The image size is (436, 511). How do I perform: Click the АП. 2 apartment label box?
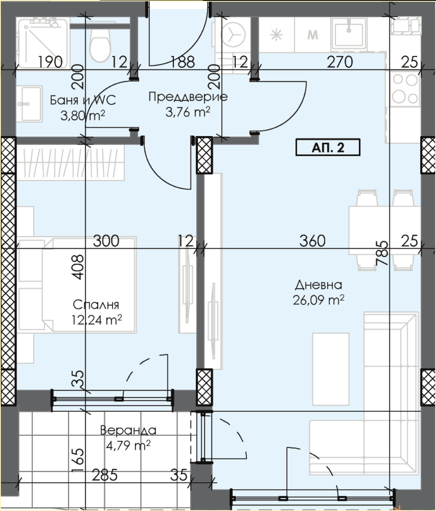click(x=328, y=148)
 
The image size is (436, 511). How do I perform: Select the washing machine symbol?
click(x=233, y=34)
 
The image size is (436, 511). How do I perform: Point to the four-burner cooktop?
click(x=405, y=89)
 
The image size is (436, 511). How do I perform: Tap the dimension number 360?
click(x=312, y=241)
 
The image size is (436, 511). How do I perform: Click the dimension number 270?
click(x=340, y=62)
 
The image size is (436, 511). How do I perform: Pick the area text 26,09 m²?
click(x=319, y=300)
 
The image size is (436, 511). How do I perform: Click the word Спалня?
click(x=96, y=305)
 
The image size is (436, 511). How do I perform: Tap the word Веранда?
click(x=128, y=430)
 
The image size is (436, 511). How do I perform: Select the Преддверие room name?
click(x=188, y=97)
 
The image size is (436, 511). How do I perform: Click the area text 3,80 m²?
click(x=82, y=115)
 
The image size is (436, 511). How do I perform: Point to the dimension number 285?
click(x=104, y=475)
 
